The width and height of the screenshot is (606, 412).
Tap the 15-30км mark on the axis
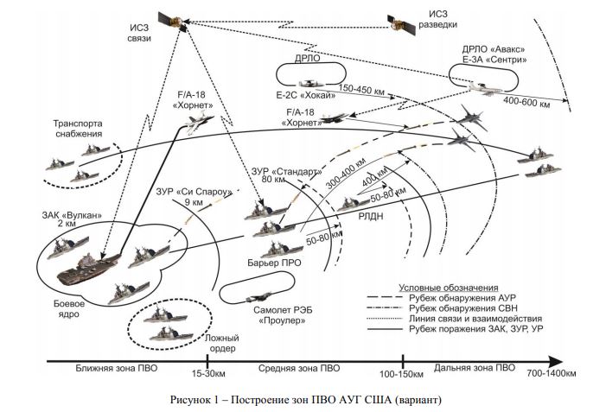[x=207, y=373]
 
